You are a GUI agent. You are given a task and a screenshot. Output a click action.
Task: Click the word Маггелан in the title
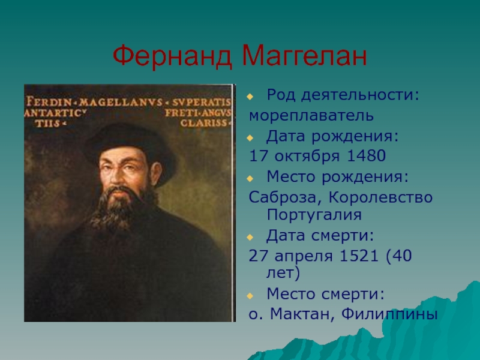pos(304,57)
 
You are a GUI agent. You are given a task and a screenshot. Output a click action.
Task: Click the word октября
pos(306,157)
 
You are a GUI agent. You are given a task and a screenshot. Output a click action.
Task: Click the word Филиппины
pos(394,314)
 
